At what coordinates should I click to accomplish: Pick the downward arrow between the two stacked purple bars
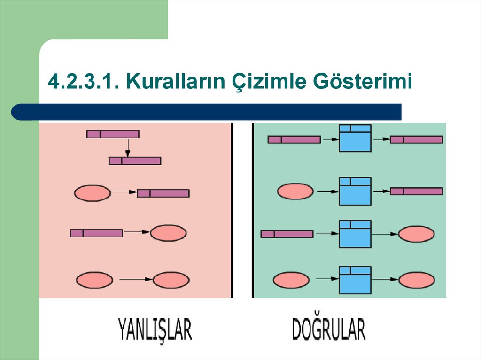[127, 147]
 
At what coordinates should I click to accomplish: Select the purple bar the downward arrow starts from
[113, 134]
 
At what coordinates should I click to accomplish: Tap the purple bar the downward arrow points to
[135, 161]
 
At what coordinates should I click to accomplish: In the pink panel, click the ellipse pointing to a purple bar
[93, 192]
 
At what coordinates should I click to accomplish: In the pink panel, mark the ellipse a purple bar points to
[168, 233]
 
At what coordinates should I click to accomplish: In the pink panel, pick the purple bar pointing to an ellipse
[96, 233]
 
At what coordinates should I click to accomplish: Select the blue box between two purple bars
[355, 138]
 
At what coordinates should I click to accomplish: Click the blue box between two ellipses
[355, 280]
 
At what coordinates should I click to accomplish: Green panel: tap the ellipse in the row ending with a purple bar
[295, 191]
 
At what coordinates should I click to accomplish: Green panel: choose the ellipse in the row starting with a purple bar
[416, 234]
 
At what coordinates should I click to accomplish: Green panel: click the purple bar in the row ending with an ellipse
[287, 234]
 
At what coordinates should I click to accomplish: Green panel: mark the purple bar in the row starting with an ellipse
[417, 191]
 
